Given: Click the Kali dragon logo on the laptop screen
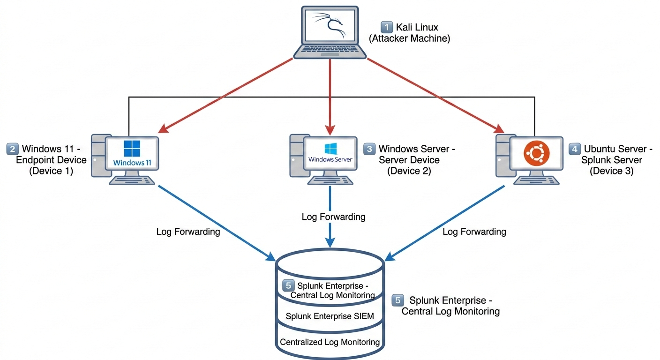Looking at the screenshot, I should coord(330,25).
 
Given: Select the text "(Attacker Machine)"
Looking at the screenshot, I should coord(409,39).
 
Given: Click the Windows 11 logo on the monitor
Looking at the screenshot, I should coord(132,149).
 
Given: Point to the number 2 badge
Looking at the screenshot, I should coord(12,149).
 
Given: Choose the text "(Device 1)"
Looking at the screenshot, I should coord(51,171).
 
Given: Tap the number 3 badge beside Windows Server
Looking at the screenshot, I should coord(369,149).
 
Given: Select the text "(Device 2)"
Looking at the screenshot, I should coord(409,171).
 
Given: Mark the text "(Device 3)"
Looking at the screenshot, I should coord(611,171).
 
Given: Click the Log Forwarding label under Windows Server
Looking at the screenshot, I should coord(333,217).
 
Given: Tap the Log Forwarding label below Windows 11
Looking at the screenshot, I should coord(188,232).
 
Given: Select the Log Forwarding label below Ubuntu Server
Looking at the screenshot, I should coord(474,232).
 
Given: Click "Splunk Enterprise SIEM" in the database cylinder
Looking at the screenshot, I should coord(330,316).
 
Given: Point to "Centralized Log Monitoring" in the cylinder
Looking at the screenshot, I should coord(330,342).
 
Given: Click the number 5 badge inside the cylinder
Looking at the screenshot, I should coord(288,285).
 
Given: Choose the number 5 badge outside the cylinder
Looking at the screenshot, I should coord(397,300).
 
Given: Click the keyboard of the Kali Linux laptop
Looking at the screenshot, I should coord(330,50).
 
